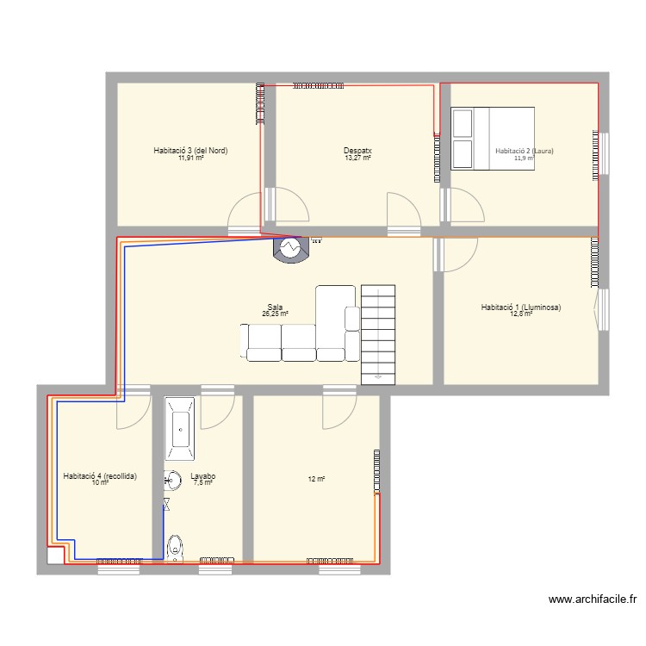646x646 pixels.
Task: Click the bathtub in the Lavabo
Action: pyautogui.click(x=180, y=428)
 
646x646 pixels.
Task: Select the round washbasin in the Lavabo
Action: pyautogui.click(x=173, y=480)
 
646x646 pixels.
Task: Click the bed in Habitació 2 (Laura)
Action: pyautogui.click(x=493, y=138)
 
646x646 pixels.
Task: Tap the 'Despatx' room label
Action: pyautogui.click(x=357, y=151)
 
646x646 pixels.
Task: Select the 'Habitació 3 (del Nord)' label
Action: pyautogui.click(x=190, y=151)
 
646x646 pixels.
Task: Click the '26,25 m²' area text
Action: pyautogui.click(x=276, y=314)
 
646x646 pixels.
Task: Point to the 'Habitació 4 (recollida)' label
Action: pyautogui.click(x=100, y=475)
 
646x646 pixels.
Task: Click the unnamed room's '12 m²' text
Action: pyautogui.click(x=316, y=479)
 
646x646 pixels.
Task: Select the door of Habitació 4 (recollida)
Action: pyautogui.click(x=132, y=410)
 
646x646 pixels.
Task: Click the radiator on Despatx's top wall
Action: pyautogui.click(x=317, y=85)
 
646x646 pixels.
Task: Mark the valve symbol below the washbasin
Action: pyautogui.click(x=166, y=502)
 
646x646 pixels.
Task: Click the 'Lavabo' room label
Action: pyautogui.click(x=202, y=475)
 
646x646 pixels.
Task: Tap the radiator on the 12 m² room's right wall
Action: pyautogui.click(x=376, y=471)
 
